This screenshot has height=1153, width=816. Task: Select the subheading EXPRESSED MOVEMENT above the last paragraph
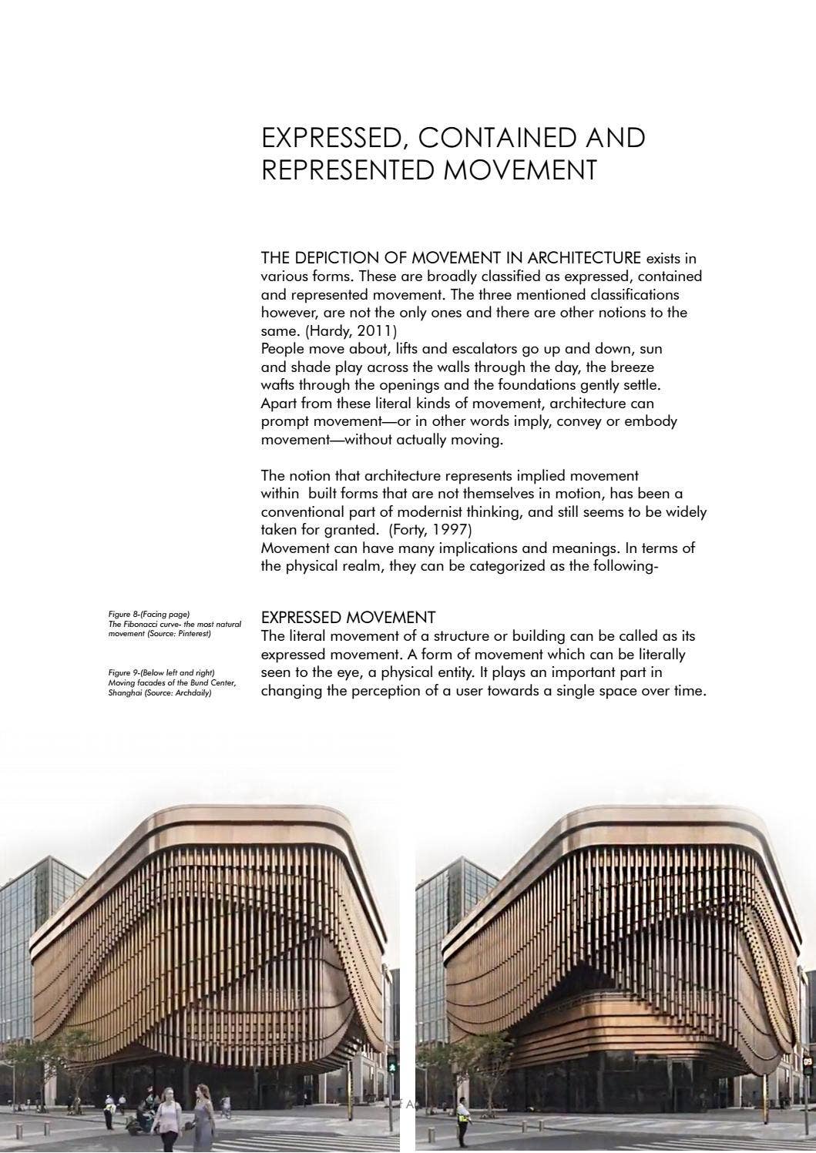coord(348,618)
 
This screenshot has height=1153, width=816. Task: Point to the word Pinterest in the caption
coord(191,634)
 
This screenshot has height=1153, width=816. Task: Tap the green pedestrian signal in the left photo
coord(391,1068)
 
